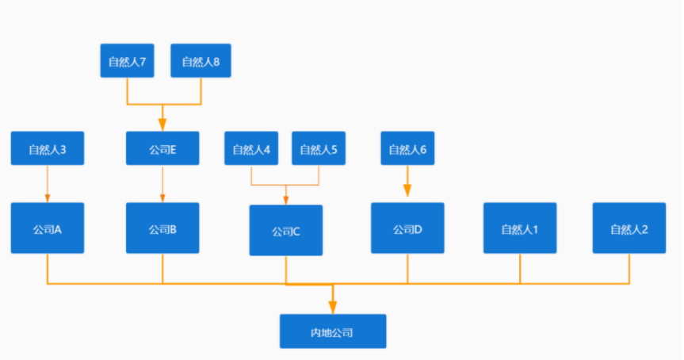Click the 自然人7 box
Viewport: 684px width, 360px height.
(127, 61)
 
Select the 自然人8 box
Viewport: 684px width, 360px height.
(201, 61)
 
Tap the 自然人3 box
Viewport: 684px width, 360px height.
(48, 148)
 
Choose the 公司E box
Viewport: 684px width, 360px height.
(162, 148)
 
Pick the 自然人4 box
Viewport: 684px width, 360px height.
(251, 148)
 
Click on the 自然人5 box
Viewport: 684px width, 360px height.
(319, 148)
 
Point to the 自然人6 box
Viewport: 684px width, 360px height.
(407, 148)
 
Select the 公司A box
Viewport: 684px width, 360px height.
(48, 228)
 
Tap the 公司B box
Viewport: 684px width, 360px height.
(162, 228)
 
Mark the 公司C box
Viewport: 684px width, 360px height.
(286, 231)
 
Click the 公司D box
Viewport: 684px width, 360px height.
(407, 228)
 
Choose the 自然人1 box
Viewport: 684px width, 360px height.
(520, 228)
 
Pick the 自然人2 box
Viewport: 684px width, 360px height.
(629, 228)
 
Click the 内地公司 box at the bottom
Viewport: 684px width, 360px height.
(333, 331)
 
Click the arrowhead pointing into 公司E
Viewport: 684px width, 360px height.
(162, 124)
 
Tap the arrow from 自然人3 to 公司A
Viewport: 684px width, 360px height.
(48, 183)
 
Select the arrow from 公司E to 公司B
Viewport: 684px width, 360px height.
(162, 183)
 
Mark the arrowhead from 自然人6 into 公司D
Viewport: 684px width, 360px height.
(407, 191)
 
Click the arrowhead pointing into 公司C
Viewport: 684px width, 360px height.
(286, 200)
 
